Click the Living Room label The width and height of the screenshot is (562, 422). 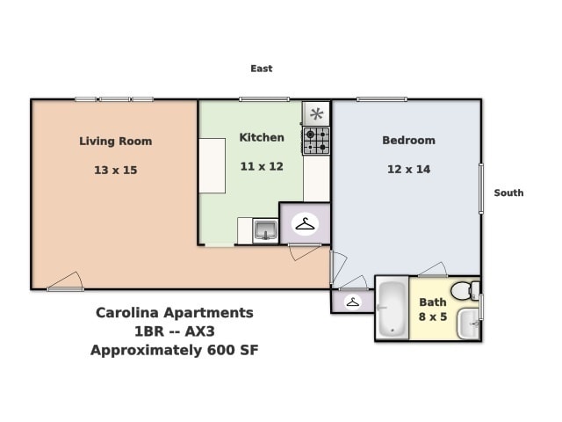point(115,141)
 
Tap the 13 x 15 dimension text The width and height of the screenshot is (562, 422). point(115,170)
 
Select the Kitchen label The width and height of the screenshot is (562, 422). point(262,137)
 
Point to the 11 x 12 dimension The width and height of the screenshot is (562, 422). point(262,166)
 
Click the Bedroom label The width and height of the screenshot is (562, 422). point(408,140)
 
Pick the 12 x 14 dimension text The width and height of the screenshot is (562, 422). point(408,169)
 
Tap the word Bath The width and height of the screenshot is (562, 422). point(432,302)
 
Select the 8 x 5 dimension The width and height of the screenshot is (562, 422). point(432,316)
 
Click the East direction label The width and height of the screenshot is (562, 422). point(261,69)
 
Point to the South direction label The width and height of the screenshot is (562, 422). point(508,193)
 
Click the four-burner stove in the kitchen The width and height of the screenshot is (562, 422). point(316,141)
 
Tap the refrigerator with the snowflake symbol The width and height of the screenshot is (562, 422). point(316,113)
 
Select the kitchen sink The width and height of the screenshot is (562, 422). point(264,231)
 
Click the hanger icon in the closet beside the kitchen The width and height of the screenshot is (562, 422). point(305,224)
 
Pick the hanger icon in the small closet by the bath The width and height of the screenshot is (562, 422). point(352,302)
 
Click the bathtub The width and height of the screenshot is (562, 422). point(392,309)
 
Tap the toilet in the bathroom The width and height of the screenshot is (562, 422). point(463,290)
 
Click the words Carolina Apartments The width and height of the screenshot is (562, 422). point(174,313)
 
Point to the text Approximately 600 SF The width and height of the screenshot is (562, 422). point(174,350)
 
